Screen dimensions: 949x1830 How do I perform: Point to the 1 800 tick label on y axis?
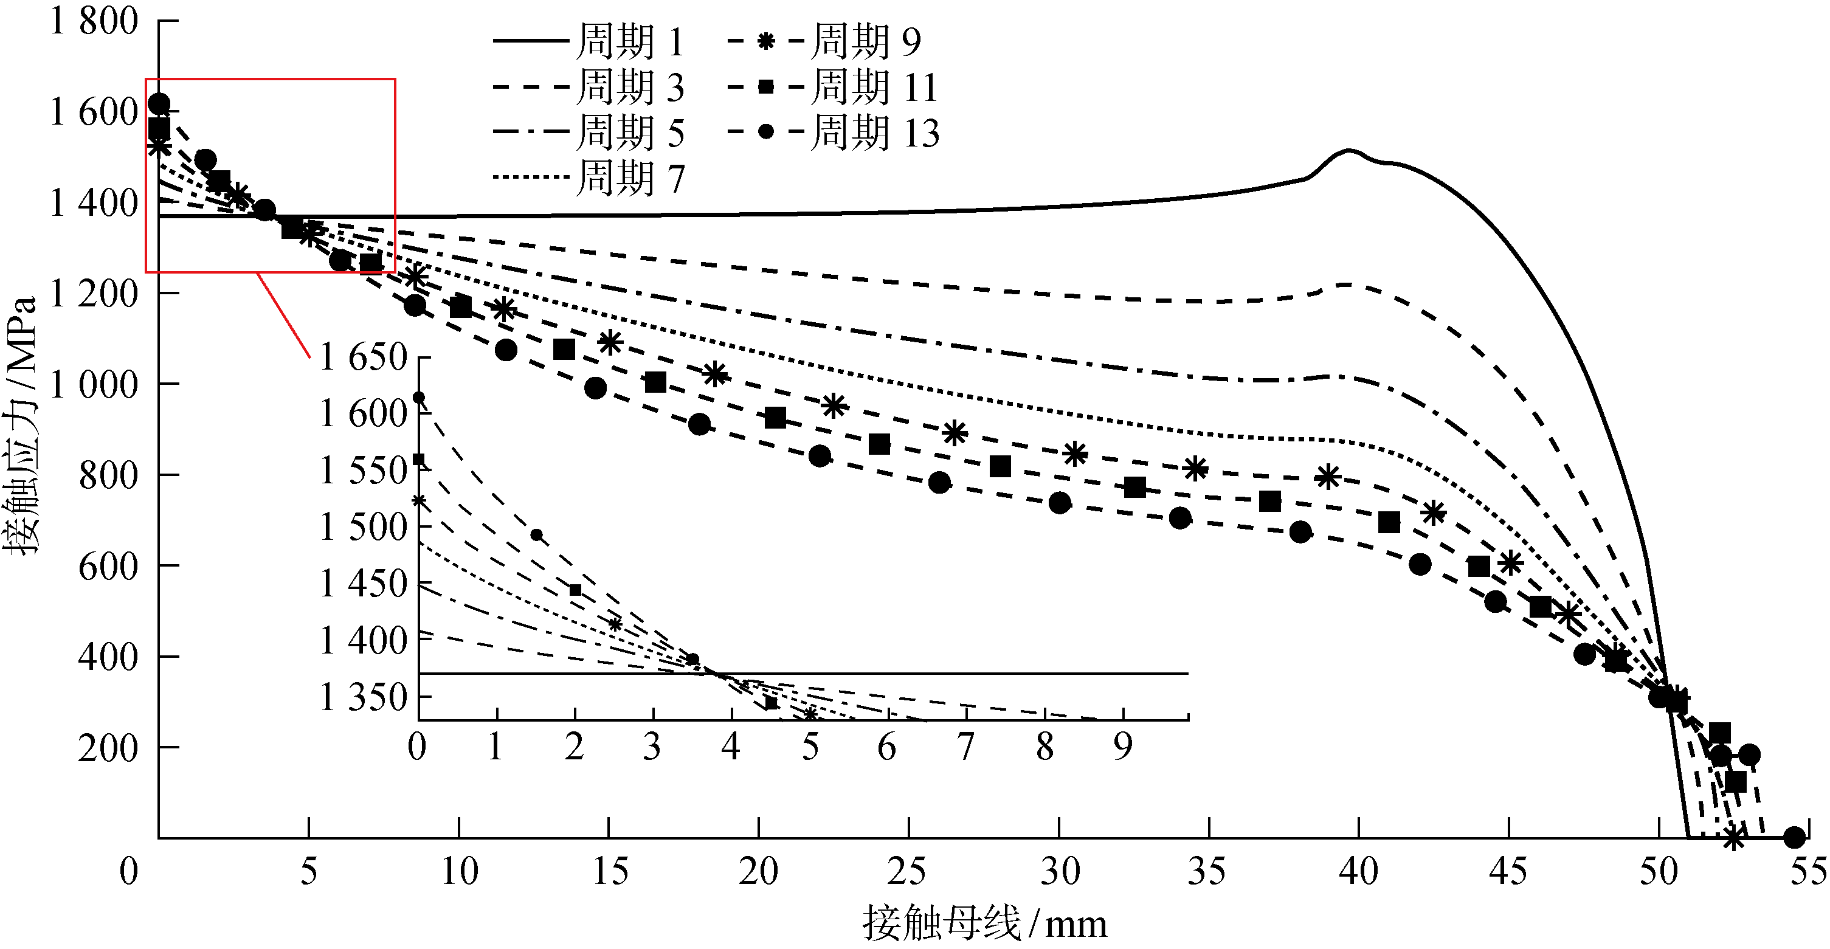(93, 21)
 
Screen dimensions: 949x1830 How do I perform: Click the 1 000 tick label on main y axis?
(93, 384)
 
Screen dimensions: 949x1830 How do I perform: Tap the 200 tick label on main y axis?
(107, 748)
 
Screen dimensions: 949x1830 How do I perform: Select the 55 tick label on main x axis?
(1808, 871)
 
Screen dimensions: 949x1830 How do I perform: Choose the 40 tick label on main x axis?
(1358, 871)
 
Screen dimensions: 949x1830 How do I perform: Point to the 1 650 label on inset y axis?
(363, 357)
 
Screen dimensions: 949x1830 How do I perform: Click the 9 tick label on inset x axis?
(1122, 747)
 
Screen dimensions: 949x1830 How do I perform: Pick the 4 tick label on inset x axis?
(731, 747)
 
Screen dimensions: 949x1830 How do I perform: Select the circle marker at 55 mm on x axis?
(1794, 838)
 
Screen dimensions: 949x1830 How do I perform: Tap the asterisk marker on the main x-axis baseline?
(1733, 838)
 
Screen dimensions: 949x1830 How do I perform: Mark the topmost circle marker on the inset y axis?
(419, 397)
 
